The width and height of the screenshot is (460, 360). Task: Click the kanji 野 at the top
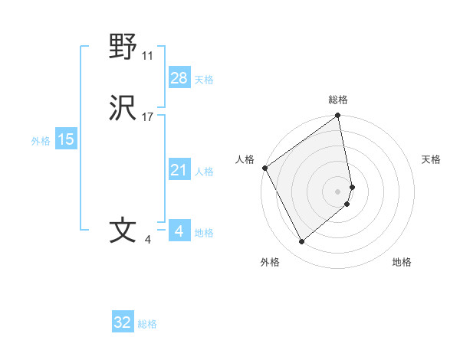(x=123, y=47)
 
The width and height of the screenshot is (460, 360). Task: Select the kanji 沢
(x=123, y=109)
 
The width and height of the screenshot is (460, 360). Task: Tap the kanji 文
(x=123, y=231)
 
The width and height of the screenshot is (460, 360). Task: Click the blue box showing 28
(x=179, y=78)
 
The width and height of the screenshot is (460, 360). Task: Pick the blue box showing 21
(x=179, y=169)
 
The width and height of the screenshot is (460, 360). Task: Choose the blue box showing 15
(x=66, y=139)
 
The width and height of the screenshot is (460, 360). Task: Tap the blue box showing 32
(x=123, y=322)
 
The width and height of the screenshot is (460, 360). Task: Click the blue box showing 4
(x=179, y=231)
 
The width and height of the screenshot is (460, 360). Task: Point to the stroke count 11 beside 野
(x=148, y=56)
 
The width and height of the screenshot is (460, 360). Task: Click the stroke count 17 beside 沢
(x=148, y=117)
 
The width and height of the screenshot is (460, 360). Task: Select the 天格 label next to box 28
(x=204, y=80)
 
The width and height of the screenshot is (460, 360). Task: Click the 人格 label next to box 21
(x=204, y=171)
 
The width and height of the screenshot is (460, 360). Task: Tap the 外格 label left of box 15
(x=41, y=141)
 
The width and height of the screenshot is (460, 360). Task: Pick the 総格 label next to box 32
(x=147, y=324)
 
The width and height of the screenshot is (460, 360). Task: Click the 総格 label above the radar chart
(x=338, y=100)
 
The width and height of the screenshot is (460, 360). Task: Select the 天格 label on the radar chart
(x=431, y=159)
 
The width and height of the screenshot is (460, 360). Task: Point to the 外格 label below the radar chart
(x=270, y=262)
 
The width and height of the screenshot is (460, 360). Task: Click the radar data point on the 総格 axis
(x=338, y=116)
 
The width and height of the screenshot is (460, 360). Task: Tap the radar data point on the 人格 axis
(x=264, y=168)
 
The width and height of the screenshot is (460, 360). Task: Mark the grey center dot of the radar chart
(x=338, y=191)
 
